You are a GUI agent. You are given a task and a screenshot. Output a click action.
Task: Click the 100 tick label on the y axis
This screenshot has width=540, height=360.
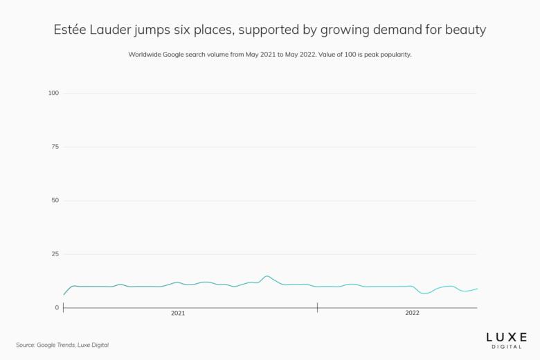[x=53, y=93]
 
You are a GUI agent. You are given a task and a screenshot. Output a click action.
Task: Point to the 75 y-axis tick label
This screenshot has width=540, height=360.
[x=55, y=147]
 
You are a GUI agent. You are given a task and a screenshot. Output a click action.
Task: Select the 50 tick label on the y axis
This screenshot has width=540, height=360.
[x=55, y=201]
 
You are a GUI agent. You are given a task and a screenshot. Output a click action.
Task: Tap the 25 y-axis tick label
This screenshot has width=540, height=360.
[x=55, y=254]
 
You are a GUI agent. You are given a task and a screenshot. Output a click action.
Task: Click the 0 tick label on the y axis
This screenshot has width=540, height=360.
[x=57, y=307]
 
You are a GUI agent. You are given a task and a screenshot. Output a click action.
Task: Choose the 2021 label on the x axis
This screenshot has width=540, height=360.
[x=178, y=314]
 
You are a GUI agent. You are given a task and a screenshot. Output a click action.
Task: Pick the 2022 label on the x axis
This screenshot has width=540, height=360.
[x=412, y=314]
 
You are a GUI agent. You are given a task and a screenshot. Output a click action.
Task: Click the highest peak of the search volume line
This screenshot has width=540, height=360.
[x=267, y=276]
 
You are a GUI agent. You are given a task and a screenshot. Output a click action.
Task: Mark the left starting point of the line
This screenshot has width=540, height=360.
[x=64, y=295]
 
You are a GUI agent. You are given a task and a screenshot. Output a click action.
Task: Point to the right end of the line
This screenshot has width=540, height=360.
[x=477, y=289]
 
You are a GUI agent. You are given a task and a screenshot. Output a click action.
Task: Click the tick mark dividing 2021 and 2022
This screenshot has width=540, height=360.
[x=317, y=307]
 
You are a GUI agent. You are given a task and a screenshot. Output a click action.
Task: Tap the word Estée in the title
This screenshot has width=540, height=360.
[x=71, y=30]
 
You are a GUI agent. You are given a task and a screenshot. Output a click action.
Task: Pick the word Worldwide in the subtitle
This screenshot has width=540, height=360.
[x=145, y=54]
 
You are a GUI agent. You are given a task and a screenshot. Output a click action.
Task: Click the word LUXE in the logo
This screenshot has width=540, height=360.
[x=507, y=336]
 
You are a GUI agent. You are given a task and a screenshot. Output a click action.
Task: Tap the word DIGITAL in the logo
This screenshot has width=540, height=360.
[x=507, y=346]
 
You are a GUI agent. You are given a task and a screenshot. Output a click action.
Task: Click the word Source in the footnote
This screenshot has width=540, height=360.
[x=26, y=345]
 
